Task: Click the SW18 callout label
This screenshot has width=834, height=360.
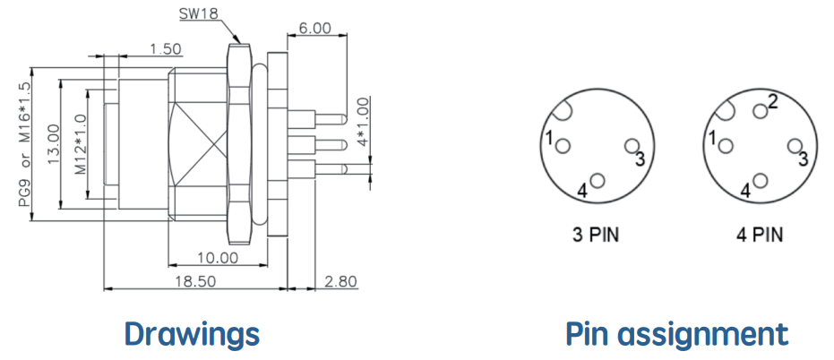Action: [198, 13]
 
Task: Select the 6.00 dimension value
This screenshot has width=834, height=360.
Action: [314, 28]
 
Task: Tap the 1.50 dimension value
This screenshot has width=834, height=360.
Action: [165, 49]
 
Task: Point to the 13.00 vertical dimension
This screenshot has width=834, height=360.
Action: [53, 143]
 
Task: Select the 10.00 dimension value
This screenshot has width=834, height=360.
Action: [218, 258]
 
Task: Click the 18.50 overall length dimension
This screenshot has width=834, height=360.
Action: [195, 282]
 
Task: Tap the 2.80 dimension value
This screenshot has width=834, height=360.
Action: [340, 282]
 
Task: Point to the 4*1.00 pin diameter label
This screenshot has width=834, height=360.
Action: [363, 123]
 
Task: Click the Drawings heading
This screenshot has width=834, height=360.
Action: [192, 334]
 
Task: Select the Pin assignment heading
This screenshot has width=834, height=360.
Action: [676, 334]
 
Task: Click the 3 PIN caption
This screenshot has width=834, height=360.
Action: [596, 235]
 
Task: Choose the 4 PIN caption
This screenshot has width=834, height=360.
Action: [760, 235]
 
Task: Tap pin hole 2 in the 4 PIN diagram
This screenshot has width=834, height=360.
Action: [761, 111]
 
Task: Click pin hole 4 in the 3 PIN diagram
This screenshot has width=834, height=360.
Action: [598, 181]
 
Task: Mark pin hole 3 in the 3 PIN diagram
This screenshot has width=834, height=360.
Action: [632, 146]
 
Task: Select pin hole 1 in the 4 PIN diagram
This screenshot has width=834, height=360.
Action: [725, 146]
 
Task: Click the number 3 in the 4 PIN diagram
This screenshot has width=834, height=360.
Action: [804, 158]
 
